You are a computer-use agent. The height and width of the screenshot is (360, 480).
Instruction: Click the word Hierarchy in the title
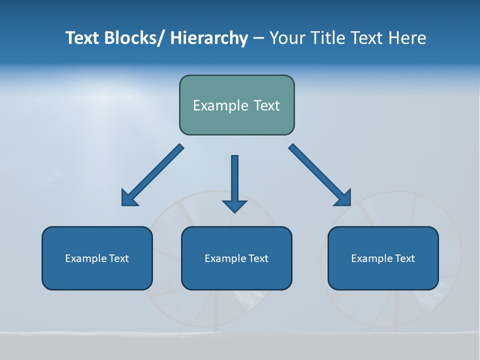pyautogui.click(x=209, y=38)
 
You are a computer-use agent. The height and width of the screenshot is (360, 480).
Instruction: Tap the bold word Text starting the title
pyautogui.click(x=82, y=38)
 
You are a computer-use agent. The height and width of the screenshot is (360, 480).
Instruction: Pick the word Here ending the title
pyautogui.click(x=407, y=38)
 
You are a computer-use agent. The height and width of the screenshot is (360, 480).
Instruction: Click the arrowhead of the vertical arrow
pyautogui.click(x=234, y=206)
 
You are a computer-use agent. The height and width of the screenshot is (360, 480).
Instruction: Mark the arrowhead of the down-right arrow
pyautogui.click(x=343, y=198)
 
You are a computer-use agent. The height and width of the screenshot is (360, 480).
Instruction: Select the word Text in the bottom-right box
pyautogui.click(x=404, y=258)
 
